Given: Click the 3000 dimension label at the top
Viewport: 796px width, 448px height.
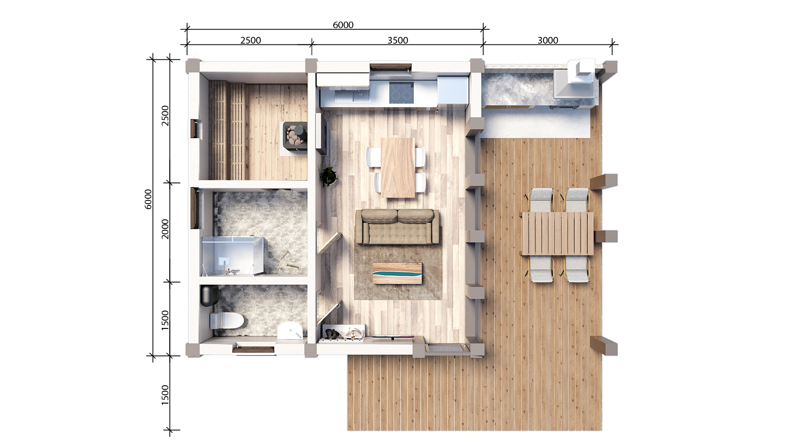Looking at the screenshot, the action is (x=548, y=40).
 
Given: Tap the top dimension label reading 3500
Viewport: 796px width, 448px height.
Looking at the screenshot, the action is (x=398, y=40).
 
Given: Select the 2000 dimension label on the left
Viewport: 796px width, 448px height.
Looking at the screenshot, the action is (x=165, y=229).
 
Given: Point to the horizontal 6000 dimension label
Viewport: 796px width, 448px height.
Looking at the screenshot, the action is (x=343, y=25).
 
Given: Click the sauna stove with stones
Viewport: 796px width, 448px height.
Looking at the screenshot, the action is (x=295, y=134).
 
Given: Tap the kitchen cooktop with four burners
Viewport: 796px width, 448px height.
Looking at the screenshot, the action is (x=401, y=93).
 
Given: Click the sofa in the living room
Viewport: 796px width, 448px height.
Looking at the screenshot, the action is (x=397, y=226).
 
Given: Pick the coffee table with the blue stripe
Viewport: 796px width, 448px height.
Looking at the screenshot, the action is (x=397, y=273).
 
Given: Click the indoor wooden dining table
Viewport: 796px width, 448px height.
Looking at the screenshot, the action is (x=398, y=168).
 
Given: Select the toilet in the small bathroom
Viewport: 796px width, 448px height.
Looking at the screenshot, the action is (x=226, y=320).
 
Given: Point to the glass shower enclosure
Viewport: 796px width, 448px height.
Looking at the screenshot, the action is (x=233, y=256).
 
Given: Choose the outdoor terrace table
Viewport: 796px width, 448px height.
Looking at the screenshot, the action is (x=558, y=234).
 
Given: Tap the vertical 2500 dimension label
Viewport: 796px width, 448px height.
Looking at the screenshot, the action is (x=165, y=116).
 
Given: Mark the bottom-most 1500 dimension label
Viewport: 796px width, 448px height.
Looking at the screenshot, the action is (x=165, y=395).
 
